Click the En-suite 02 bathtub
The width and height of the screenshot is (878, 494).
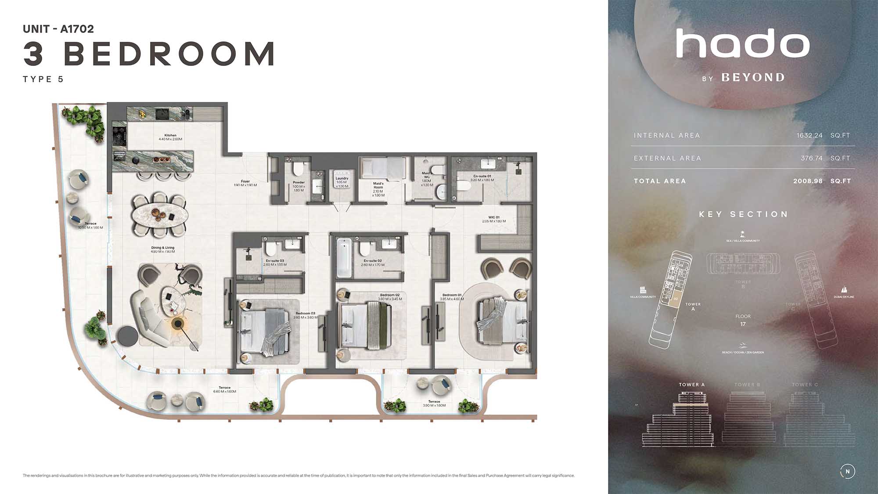point(344,258)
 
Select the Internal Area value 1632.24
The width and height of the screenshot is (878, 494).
point(810,135)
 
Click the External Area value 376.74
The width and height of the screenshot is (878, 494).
point(811,158)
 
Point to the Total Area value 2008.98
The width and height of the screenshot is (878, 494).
point(808,181)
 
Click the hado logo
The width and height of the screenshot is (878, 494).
point(743,43)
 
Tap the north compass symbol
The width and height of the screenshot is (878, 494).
point(847,471)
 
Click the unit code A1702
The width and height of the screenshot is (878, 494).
point(77,29)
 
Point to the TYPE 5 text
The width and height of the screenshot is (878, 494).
point(43,79)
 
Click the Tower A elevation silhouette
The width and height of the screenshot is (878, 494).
point(678,422)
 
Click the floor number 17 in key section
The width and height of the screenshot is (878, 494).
point(743,324)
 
